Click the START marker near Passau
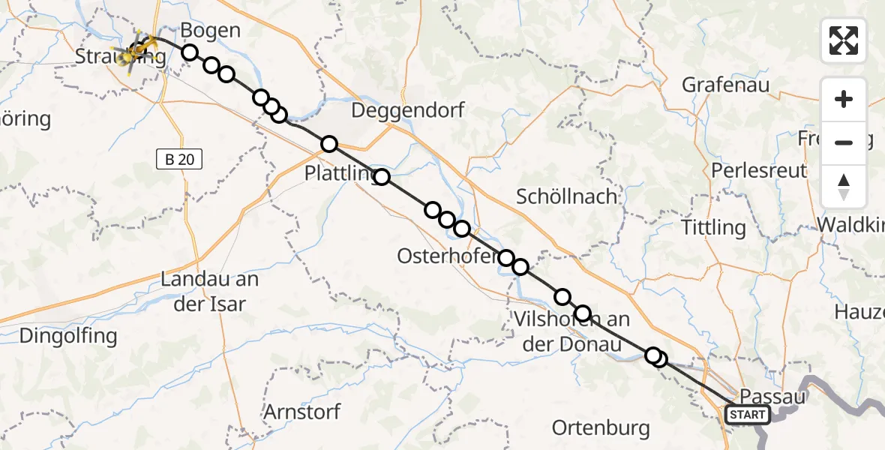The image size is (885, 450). point(747,415)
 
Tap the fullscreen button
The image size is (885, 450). point(844,40)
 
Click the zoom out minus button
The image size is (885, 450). point(844,142)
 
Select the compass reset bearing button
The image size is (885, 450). point(844,187)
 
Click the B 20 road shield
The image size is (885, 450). point(179,159)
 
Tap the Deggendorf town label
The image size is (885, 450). point(409,110)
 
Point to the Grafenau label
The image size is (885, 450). point(725,85)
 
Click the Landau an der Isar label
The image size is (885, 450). point(210,292)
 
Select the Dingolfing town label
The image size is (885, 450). point(68,335)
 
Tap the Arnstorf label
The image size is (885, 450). point(301,412)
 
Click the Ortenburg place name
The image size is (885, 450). point(600,427)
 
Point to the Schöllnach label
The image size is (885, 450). point(567,196)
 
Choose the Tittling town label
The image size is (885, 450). point(713,226)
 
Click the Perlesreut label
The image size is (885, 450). point(758,169)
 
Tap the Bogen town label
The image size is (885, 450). point(211,31)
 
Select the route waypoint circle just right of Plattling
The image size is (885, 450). point(382,177)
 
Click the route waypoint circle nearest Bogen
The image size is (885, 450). point(190,52)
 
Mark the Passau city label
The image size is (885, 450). point(772,396)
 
